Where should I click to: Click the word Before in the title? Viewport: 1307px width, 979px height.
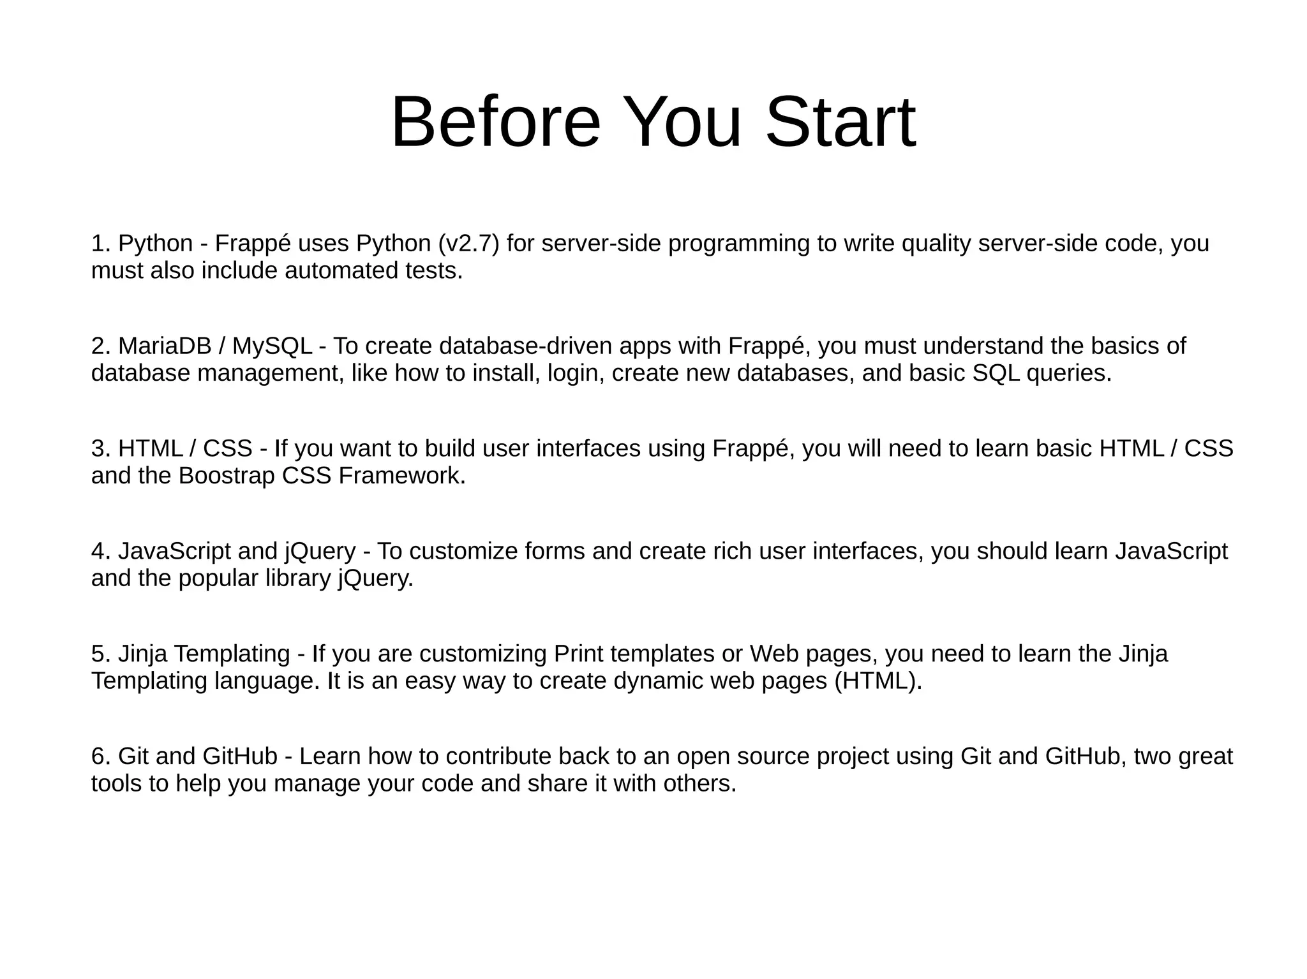[495, 122]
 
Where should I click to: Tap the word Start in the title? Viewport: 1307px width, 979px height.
[840, 122]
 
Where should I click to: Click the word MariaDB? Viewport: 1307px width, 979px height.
[165, 346]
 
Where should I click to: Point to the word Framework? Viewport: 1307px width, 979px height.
[401, 476]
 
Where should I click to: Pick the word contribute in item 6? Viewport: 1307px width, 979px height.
[498, 756]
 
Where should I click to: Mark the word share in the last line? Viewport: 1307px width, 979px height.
[557, 784]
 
